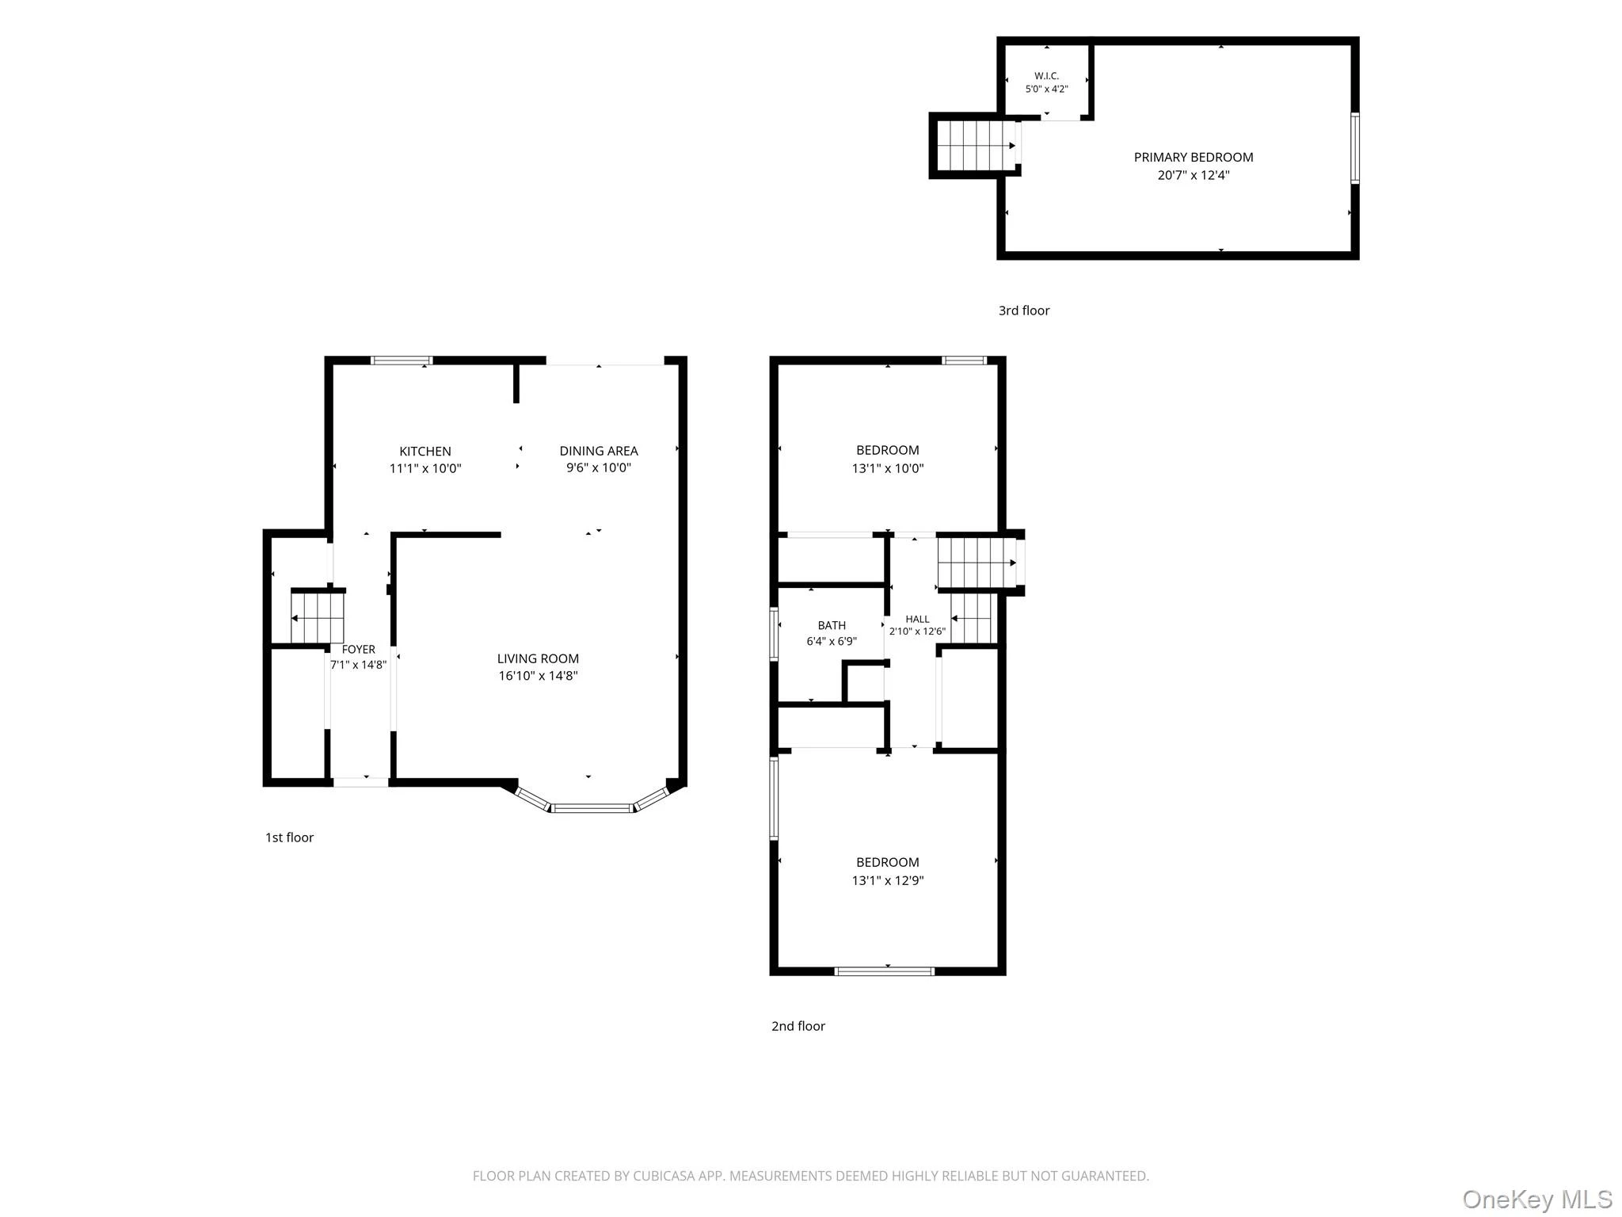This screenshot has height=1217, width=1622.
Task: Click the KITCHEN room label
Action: tap(425, 452)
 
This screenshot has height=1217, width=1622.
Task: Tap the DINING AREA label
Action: tap(599, 451)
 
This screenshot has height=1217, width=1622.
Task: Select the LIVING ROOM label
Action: tap(538, 658)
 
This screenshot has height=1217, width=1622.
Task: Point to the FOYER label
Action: tap(359, 650)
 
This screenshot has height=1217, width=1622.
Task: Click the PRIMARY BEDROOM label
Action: tap(1194, 157)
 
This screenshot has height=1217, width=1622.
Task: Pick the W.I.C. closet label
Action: tap(1047, 76)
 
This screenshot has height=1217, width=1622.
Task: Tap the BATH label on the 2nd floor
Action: tap(832, 626)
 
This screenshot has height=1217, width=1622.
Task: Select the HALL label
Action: tap(917, 620)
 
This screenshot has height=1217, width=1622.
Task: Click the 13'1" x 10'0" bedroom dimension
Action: tap(888, 468)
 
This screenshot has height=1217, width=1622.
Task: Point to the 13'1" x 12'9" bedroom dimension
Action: tap(888, 880)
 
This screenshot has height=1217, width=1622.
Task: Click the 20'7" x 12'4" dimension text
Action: tap(1194, 175)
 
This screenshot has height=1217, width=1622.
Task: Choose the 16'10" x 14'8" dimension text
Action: tap(538, 676)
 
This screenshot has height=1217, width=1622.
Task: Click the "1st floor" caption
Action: tap(289, 837)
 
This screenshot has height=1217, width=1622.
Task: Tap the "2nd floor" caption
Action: tap(798, 1026)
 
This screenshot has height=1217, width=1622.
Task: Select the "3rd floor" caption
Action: tap(1024, 311)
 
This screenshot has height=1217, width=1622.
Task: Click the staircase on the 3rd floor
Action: tap(977, 145)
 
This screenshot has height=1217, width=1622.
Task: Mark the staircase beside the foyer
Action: tap(317, 617)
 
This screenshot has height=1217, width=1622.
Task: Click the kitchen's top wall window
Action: tap(402, 361)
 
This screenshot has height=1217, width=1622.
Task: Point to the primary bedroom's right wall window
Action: tap(1355, 149)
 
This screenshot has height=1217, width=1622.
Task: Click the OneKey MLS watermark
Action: tap(1537, 1199)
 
